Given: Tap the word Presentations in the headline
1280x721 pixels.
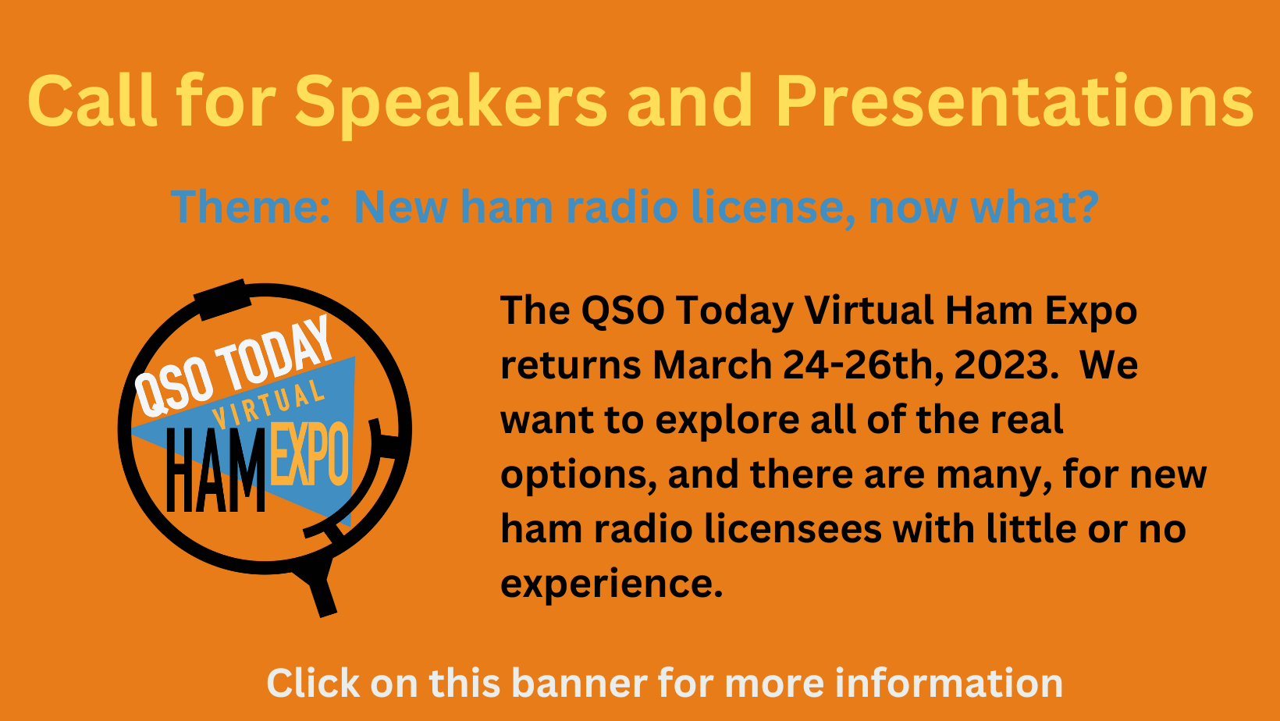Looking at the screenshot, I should click(x=1014, y=101).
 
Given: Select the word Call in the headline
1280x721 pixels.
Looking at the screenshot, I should click(x=92, y=101).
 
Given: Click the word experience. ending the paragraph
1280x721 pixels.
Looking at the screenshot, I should click(x=611, y=584).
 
